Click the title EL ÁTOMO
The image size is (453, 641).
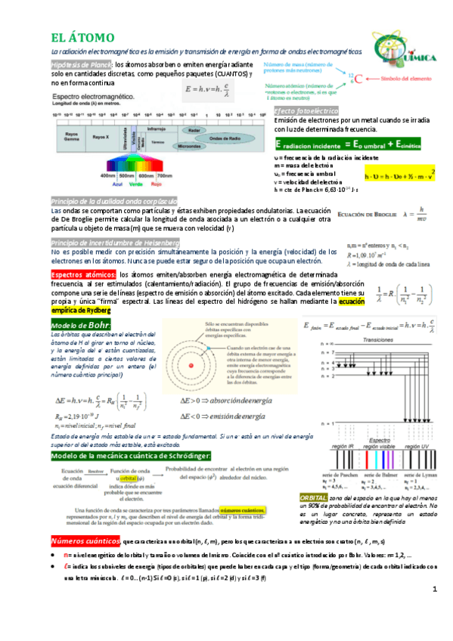(x=82, y=37)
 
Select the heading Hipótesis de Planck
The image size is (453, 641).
(x=81, y=66)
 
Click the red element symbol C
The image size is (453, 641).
(x=358, y=78)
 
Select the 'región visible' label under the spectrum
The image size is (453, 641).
(x=375, y=447)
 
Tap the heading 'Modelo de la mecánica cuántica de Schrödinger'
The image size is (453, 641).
(x=130, y=457)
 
